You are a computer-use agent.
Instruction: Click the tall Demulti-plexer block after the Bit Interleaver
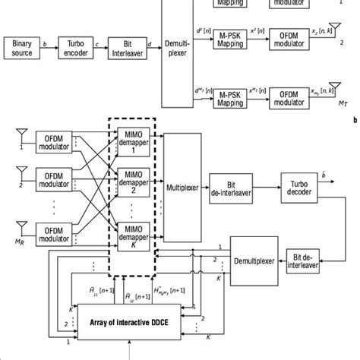point(177,50)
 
